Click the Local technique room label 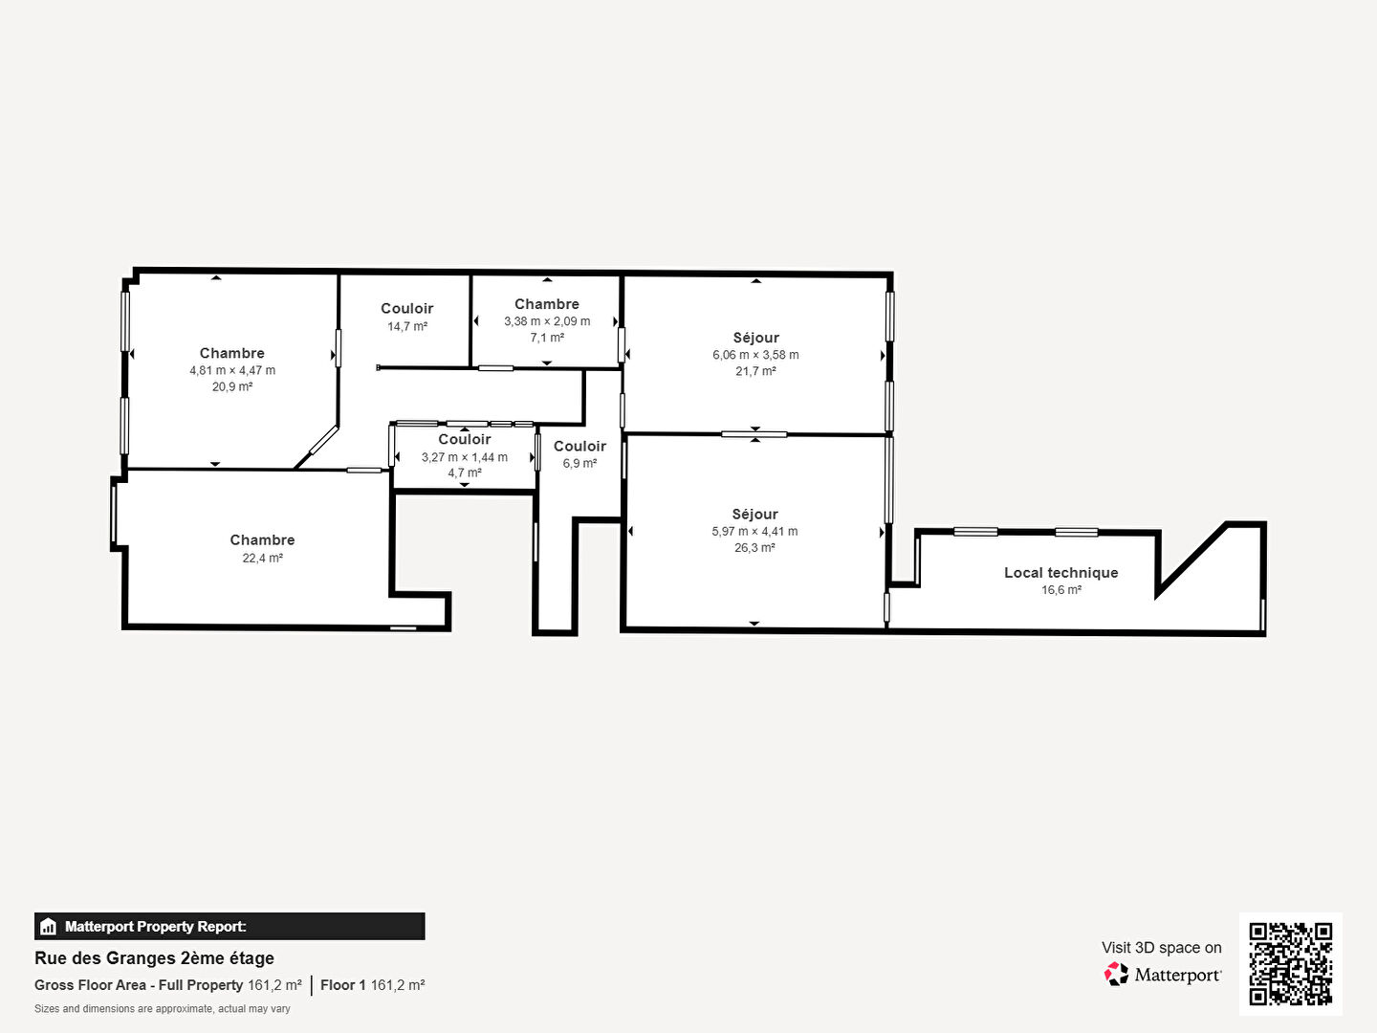coord(1060,573)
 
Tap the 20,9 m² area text coord(232,386)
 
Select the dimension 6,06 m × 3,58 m coord(755,354)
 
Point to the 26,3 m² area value coord(754,547)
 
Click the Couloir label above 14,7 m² coord(407,309)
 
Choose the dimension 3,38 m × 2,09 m coord(547,321)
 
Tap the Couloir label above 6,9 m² coord(579,446)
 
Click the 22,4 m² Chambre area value coord(262,558)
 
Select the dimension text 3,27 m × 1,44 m coord(464,457)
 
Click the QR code coord(1290,963)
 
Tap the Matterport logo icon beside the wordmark coord(1116,974)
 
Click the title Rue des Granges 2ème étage coord(154,958)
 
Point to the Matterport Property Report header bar coord(229,927)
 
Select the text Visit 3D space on coord(1161,948)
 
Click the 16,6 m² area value coord(1061,589)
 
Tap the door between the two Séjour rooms coord(754,434)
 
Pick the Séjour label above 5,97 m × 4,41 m coord(754,515)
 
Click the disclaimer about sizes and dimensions coord(163,1008)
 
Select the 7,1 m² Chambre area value coord(547,338)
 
